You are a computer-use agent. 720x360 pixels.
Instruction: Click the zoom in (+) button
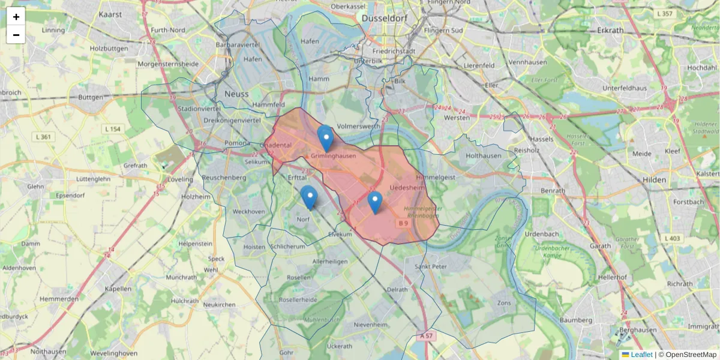coord(16,17)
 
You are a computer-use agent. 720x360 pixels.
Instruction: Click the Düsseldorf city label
coord(385,19)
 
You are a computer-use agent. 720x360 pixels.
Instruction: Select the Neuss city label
coord(236,94)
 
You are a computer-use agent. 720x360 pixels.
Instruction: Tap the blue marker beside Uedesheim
coord(375,202)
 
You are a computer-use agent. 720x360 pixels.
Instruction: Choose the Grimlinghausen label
coord(333,157)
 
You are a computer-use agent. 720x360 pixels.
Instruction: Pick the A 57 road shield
coord(426,336)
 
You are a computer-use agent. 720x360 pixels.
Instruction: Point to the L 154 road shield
coord(112,129)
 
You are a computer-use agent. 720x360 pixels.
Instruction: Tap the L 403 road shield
coord(673,238)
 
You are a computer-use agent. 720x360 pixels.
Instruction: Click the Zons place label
coord(505,304)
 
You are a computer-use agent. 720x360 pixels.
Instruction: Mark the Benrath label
coord(553,191)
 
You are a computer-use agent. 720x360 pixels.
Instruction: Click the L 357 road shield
coord(665,13)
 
